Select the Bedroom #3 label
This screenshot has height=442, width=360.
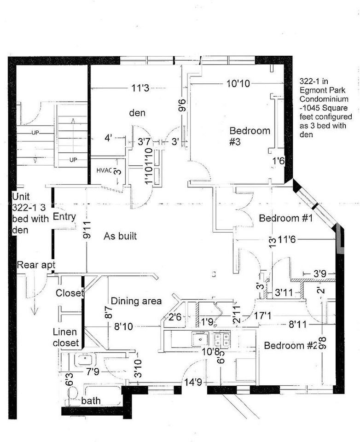tap(250, 136)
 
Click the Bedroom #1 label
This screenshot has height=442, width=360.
tap(286, 218)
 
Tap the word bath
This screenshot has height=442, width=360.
tap(91, 401)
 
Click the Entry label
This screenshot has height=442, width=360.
tap(64, 216)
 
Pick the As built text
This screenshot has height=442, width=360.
tap(120, 236)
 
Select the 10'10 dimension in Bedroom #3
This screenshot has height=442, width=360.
tap(238, 84)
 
